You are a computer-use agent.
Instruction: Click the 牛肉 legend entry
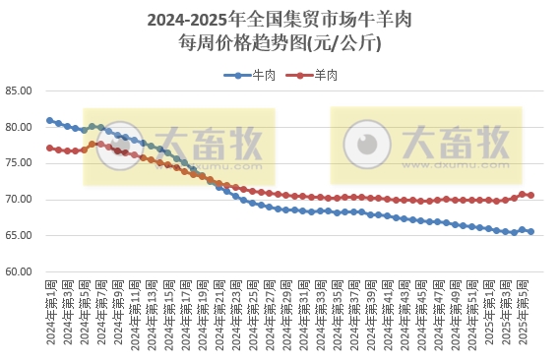pos(257,75)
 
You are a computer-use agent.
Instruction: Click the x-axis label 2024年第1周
pos(50,311)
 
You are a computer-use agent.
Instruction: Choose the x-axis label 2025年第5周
pos(531,311)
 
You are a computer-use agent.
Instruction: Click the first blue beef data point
pos(50,121)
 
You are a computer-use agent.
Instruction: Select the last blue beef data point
pos(531,232)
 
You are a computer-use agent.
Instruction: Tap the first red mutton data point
pos(50,149)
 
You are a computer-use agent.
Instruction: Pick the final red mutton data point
pos(531,195)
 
